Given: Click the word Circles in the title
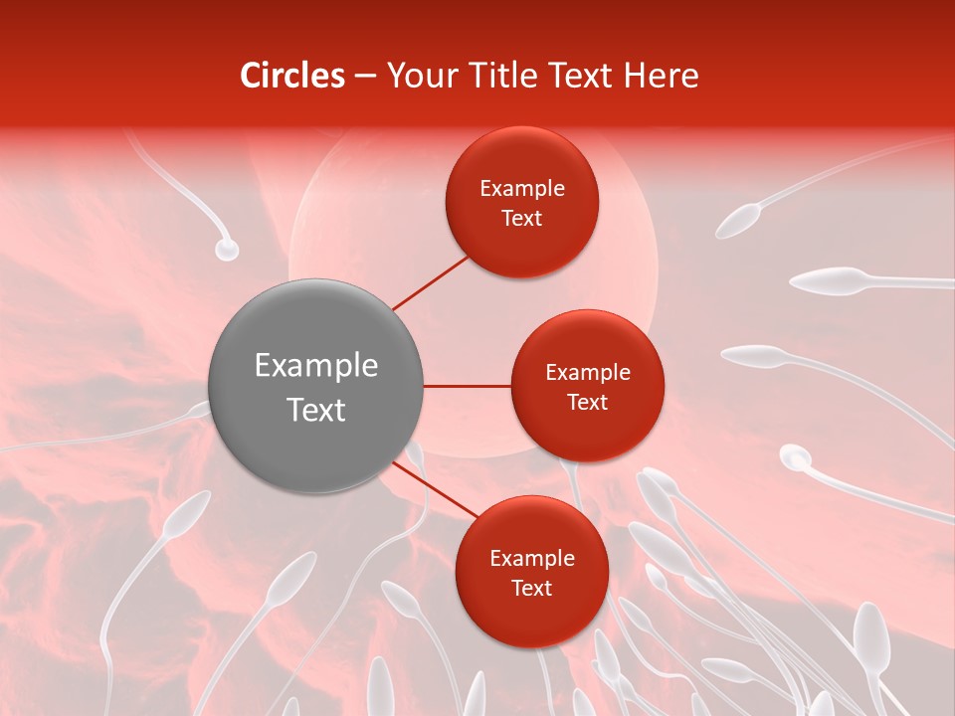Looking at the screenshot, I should (x=291, y=76).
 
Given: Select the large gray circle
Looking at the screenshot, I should (x=315, y=386).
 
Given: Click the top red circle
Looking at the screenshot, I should (x=521, y=202).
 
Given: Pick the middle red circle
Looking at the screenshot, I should (x=587, y=386).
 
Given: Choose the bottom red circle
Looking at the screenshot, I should (x=531, y=572).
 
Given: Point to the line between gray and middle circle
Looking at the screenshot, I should (x=467, y=386).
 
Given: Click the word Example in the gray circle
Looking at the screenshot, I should (x=315, y=366).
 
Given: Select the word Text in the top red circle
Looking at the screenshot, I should (x=521, y=218).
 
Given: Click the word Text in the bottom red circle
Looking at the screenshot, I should (x=531, y=588).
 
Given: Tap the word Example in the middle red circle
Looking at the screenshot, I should (x=587, y=373).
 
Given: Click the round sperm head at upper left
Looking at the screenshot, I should (x=227, y=250).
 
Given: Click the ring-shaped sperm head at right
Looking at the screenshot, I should (x=794, y=457).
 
